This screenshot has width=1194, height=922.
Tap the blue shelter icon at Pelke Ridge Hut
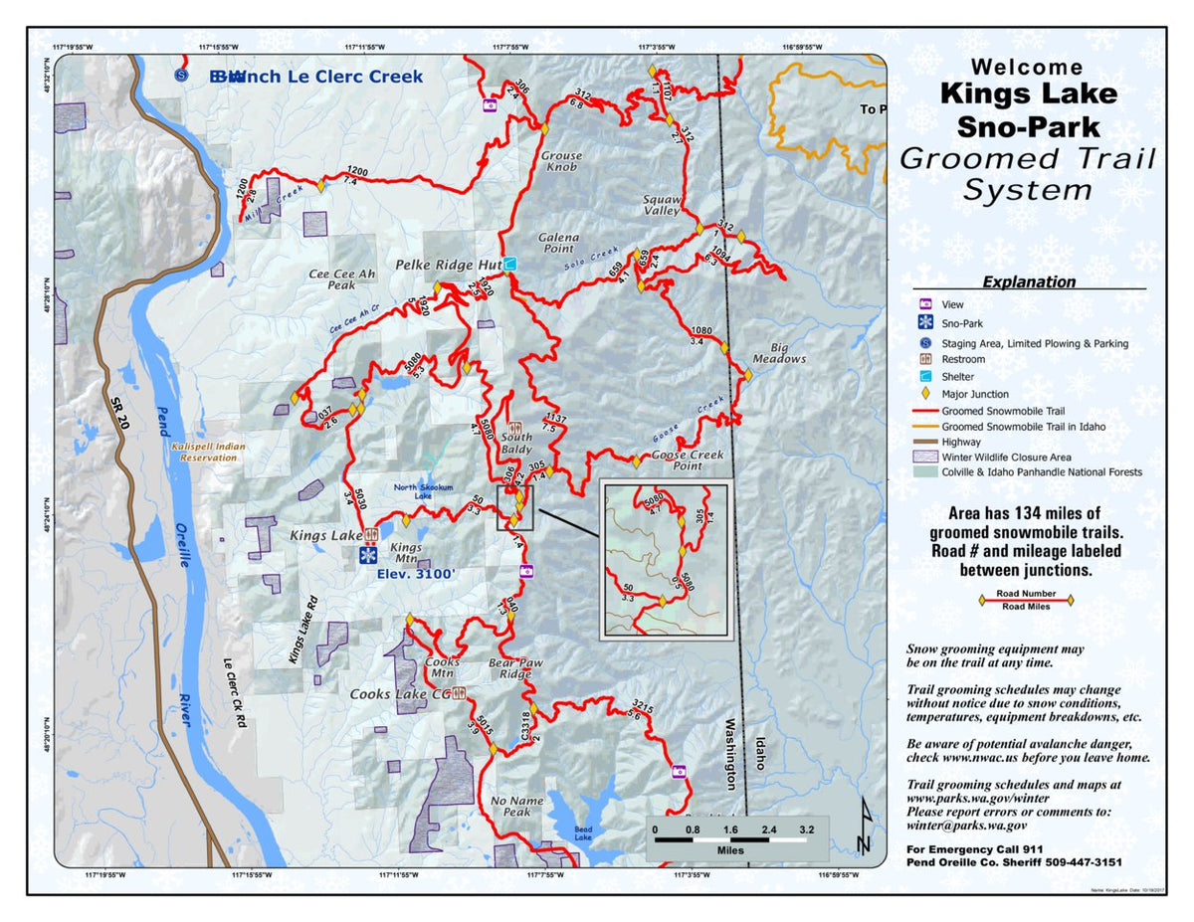(509, 264)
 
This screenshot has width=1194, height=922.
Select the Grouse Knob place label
(560, 161)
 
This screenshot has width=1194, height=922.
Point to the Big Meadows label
(779, 352)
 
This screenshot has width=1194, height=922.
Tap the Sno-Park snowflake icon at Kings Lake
(368, 555)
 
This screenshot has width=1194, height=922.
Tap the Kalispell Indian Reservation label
(207, 453)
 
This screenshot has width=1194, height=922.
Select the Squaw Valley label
(662, 204)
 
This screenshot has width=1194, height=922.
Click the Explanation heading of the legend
(1028, 281)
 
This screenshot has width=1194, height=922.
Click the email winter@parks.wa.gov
(966, 825)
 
